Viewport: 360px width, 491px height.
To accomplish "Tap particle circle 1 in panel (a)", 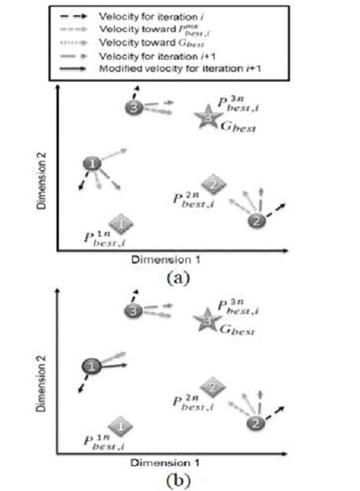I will pyautogui.click(x=91, y=164).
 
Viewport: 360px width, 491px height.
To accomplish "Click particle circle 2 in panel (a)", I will pyautogui.click(x=256, y=221).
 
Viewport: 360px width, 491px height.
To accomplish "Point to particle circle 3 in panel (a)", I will pyautogui.click(x=134, y=107).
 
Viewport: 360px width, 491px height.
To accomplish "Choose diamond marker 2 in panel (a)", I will pyautogui.click(x=213, y=184).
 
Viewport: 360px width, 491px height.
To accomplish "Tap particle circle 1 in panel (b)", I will pyautogui.click(x=91, y=366).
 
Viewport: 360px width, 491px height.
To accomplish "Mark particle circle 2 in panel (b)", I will pyautogui.click(x=256, y=423).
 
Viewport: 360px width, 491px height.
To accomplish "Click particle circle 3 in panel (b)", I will pyautogui.click(x=134, y=310).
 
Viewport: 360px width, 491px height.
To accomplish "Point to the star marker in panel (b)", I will pyautogui.click(x=205, y=321).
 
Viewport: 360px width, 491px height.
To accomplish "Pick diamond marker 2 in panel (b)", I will pyautogui.click(x=213, y=387).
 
